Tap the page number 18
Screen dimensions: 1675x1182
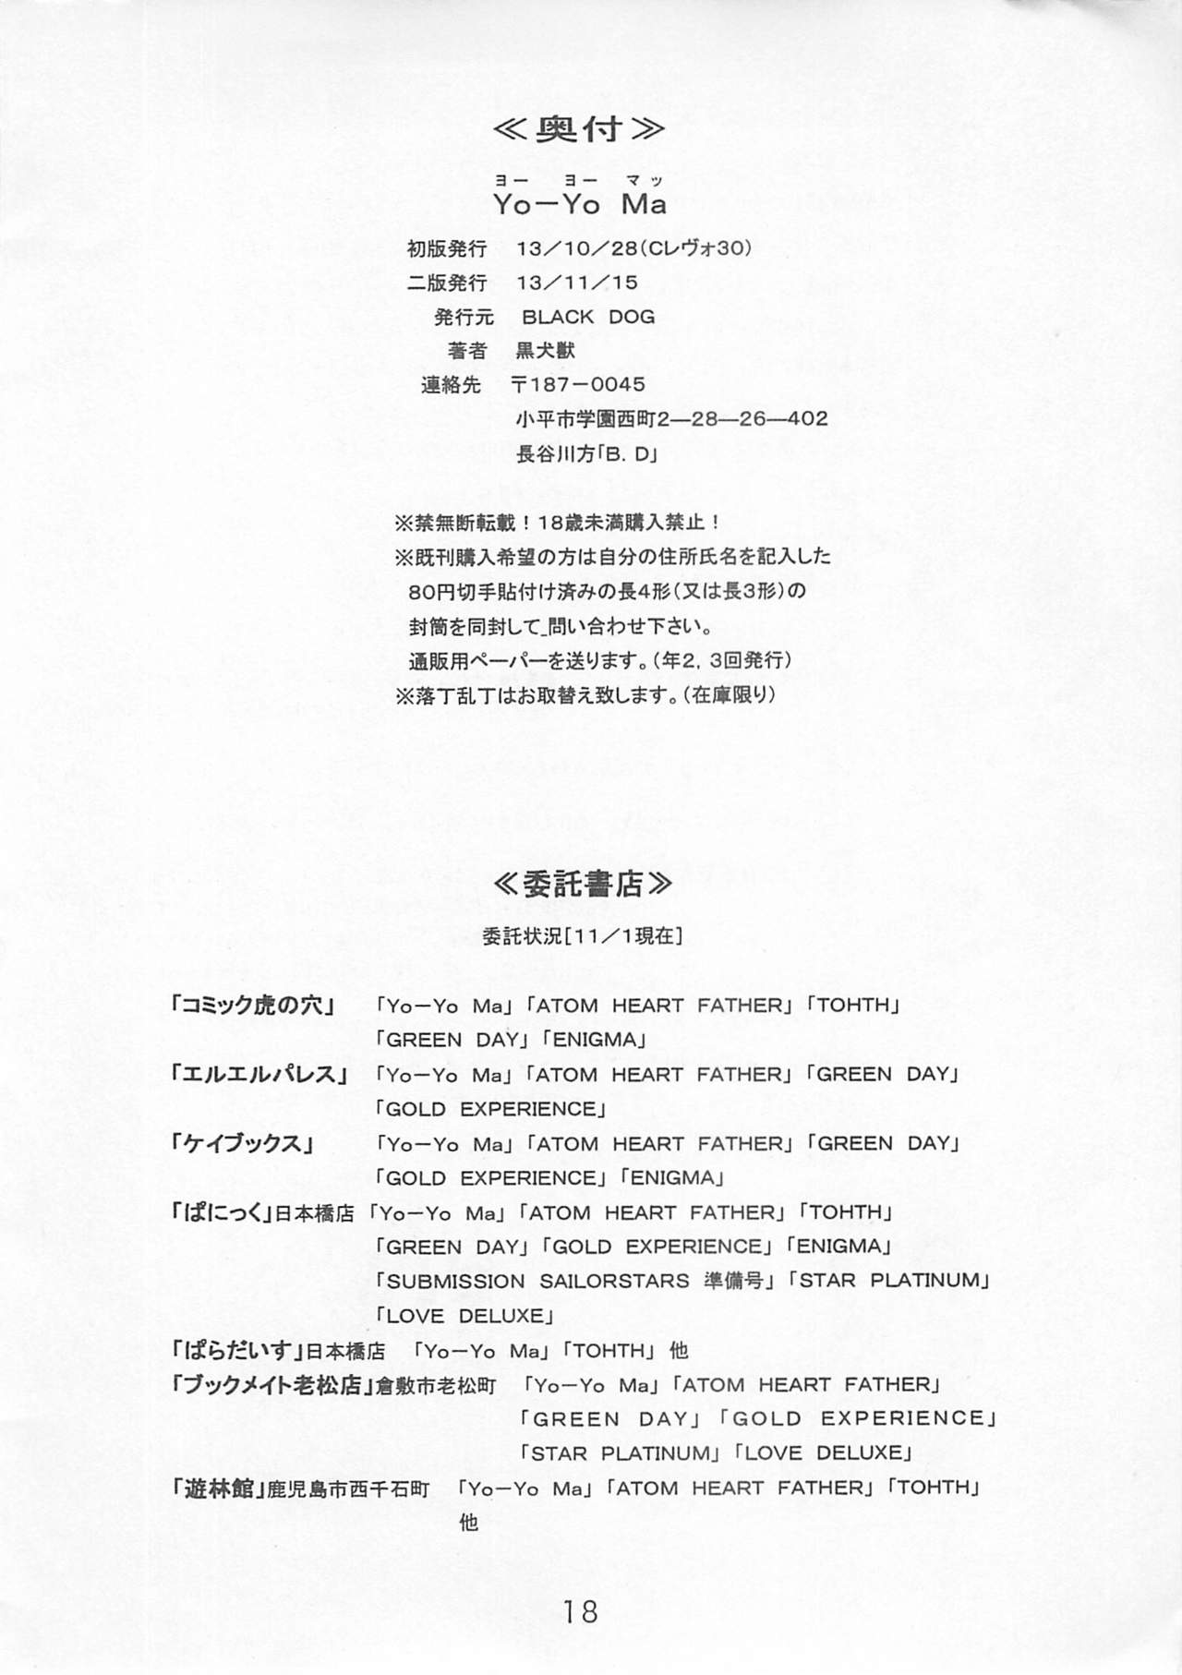pos(579,1611)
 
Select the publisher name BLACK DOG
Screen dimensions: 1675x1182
pos(588,317)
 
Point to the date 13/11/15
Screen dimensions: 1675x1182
pos(578,283)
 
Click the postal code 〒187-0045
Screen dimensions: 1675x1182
pos(578,384)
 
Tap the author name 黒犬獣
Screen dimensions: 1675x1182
pos(545,351)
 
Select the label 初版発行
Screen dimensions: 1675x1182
pos(447,248)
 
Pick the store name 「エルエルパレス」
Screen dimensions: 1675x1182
pos(259,1074)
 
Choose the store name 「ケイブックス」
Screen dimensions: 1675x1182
pos(242,1143)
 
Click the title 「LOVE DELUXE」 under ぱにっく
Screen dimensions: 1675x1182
pos(464,1316)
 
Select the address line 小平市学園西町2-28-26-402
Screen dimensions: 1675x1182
pos(671,419)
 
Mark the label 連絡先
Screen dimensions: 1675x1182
pos(451,385)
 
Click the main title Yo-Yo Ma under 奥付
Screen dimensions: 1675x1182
pos(579,205)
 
